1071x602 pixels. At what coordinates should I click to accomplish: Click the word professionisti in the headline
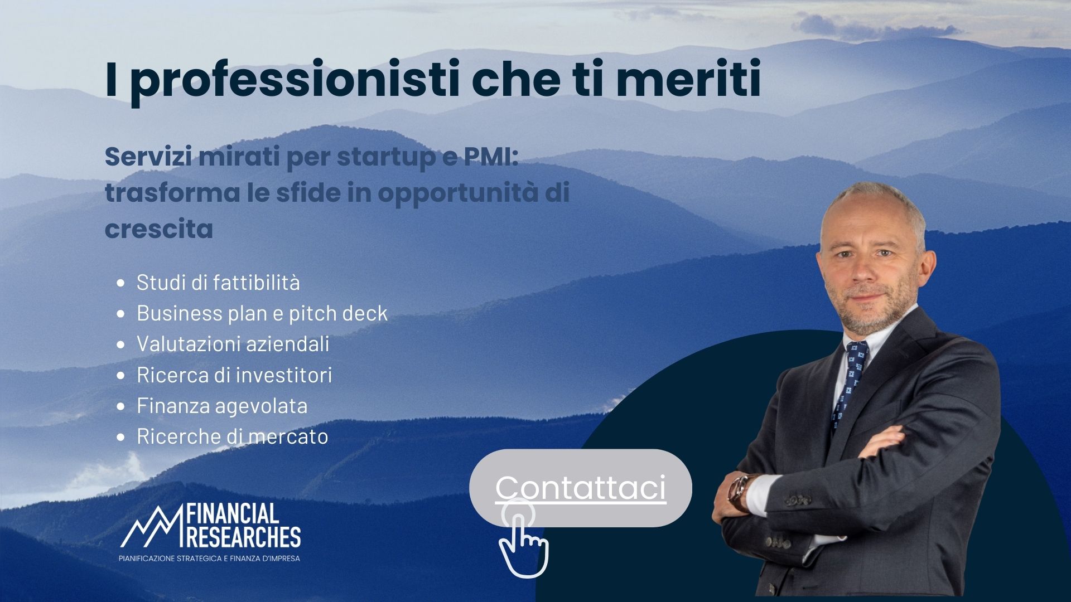click(296, 81)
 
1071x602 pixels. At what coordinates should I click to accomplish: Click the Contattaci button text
click(580, 488)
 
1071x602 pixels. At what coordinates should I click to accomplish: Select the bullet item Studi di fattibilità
click(218, 283)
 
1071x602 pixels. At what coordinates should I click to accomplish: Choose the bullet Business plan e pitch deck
click(262, 313)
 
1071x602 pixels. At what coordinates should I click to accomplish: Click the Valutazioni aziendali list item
click(233, 344)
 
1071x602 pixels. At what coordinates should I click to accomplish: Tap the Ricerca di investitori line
click(234, 375)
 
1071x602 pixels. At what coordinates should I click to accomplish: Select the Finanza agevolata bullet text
click(222, 405)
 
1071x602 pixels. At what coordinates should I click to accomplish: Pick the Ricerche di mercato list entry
click(232, 436)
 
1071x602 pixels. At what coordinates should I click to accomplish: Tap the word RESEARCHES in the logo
click(244, 538)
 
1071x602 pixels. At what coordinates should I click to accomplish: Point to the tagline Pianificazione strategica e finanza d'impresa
click(209, 558)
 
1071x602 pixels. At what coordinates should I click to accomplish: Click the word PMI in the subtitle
click(491, 158)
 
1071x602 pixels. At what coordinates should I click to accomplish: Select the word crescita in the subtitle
click(159, 229)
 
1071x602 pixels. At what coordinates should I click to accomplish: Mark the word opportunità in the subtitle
click(457, 193)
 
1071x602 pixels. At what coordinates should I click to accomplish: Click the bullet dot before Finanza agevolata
click(120, 406)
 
